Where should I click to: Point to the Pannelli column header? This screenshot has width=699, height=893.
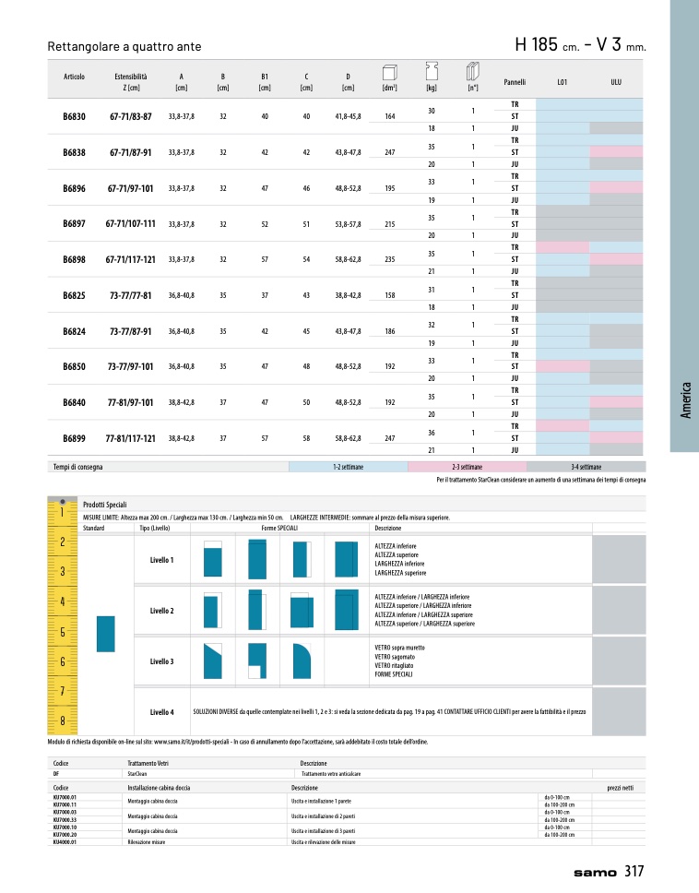515,82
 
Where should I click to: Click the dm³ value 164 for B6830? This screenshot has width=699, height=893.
389,116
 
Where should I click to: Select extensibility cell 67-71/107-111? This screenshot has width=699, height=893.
130,223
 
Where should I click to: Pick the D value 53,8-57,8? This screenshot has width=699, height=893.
348,223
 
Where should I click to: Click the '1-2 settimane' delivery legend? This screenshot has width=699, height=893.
348,468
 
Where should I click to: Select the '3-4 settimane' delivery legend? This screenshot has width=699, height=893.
586,468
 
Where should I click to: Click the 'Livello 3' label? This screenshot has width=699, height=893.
161,661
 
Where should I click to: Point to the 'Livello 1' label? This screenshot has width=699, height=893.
161,560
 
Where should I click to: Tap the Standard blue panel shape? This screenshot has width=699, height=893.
105,633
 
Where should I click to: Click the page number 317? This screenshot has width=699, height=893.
634,871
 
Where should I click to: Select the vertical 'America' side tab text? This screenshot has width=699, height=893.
685,399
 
